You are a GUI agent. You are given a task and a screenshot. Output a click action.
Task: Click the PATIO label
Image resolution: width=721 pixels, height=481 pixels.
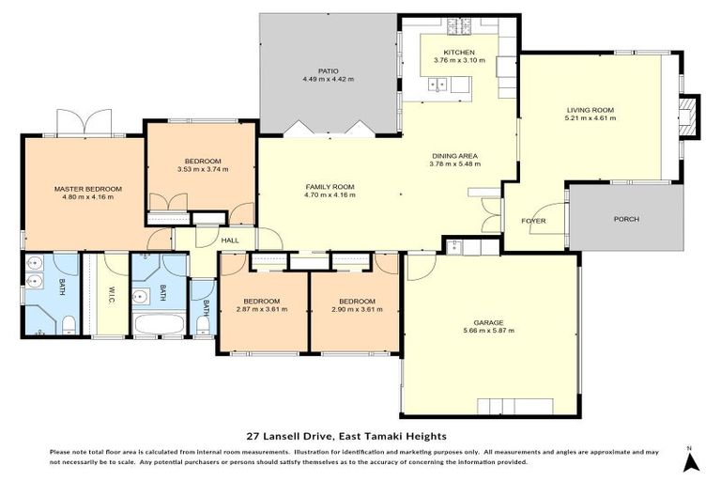(327, 70)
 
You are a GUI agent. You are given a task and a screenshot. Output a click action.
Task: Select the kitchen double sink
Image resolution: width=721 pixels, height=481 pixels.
(437, 85)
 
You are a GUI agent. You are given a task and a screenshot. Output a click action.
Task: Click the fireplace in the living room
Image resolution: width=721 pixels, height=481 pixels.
(689, 116)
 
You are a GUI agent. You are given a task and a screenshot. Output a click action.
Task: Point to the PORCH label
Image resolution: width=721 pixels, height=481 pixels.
(626, 219)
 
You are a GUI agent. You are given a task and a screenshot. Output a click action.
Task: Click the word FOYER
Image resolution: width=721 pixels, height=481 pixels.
(533, 221)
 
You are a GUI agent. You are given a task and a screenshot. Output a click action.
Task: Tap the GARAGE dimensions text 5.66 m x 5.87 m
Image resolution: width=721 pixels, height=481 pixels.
(488, 331)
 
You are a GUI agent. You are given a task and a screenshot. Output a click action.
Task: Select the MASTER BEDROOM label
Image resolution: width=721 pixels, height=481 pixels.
(87, 189)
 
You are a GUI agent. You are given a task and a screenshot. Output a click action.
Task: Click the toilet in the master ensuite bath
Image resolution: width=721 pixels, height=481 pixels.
(69, 325)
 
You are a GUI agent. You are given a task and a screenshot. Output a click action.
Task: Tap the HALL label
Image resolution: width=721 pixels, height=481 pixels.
(230, 240)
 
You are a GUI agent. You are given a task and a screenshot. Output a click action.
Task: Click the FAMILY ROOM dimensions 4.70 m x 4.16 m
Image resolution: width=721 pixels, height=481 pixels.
(329, 194)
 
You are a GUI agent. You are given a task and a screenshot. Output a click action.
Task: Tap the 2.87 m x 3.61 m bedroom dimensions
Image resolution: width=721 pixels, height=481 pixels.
(263, 309)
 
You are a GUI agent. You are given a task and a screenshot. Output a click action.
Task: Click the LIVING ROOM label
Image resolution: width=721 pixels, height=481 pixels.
(590, 110)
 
